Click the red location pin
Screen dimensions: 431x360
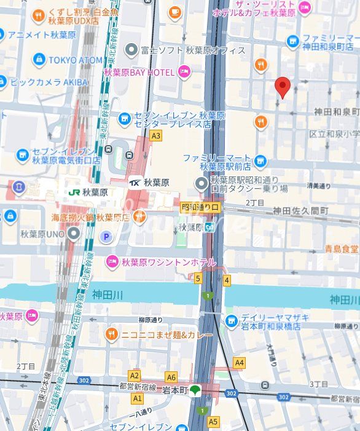pos(282,87)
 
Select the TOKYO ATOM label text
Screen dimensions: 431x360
pos(76,60)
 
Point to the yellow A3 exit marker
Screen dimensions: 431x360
pos(155,136)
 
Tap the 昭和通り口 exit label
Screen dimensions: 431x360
pos(200,208)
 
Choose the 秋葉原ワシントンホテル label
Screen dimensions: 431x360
pos(168,263)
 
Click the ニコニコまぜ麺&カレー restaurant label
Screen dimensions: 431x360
pos(166,335)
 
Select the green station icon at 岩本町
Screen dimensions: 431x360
pos(195,390)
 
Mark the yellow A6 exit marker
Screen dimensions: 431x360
pos(171,378)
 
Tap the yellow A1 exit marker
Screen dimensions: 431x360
pos(137,398)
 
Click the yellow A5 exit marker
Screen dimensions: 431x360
pos(213,422)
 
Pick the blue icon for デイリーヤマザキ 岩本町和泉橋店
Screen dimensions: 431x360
pos(231,320)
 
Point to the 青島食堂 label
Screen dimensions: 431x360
pos(342,249)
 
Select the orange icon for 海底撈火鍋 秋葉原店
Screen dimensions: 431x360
pos(139,216)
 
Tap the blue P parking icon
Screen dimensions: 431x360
pos(106,236)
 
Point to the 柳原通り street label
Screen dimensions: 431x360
pos(151,320)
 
